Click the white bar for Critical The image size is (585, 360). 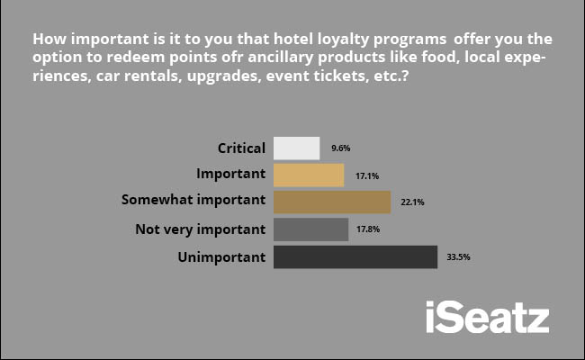[297, 148]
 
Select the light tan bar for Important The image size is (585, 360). [309, 175]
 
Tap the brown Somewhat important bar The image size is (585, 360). [332, 202]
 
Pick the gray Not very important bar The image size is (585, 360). [310, 229]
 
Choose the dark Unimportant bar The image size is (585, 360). [355, 256]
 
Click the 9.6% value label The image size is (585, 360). [340, 148]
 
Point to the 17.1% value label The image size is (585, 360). [367, 175]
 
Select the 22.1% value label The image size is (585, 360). [412, 202]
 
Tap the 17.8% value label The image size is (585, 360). [368, 229]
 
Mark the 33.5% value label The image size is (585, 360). [458, 257]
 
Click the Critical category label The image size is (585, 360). [241, 148]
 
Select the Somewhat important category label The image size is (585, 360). [193, 200]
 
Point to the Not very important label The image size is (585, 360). [201, 229]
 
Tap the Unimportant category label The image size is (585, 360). [221, 257]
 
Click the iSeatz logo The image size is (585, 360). [488, 317]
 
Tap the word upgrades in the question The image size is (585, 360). [223, 76]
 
